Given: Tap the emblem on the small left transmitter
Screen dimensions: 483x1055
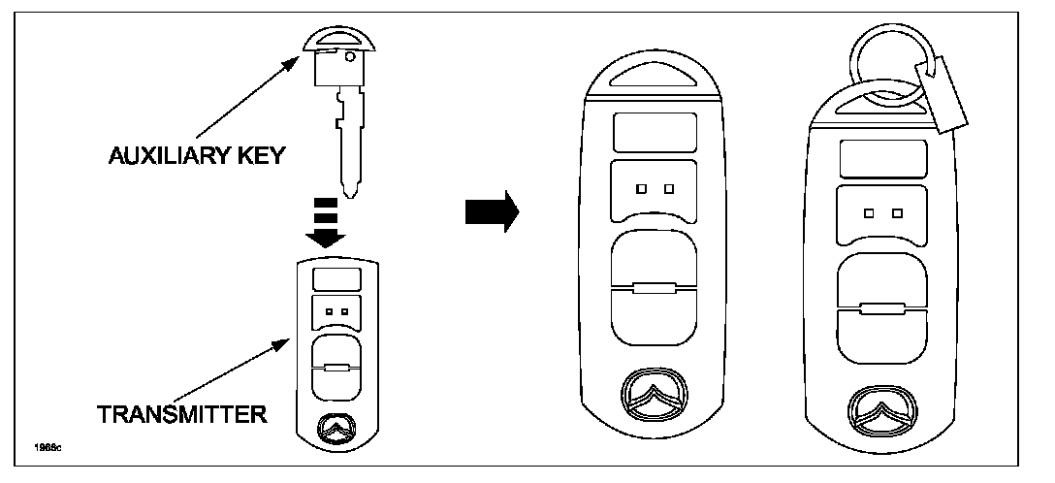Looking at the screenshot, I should pyautogui.click(x=336, y=427).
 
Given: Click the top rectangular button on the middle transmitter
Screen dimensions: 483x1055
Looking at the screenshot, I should pyautogui.click(x=655, y=131).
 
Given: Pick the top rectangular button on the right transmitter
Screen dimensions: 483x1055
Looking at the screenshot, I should pyautogui.click(x=882, y=158).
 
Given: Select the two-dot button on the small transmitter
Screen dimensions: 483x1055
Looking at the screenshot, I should pyautogui.click(x=337, y=311).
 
